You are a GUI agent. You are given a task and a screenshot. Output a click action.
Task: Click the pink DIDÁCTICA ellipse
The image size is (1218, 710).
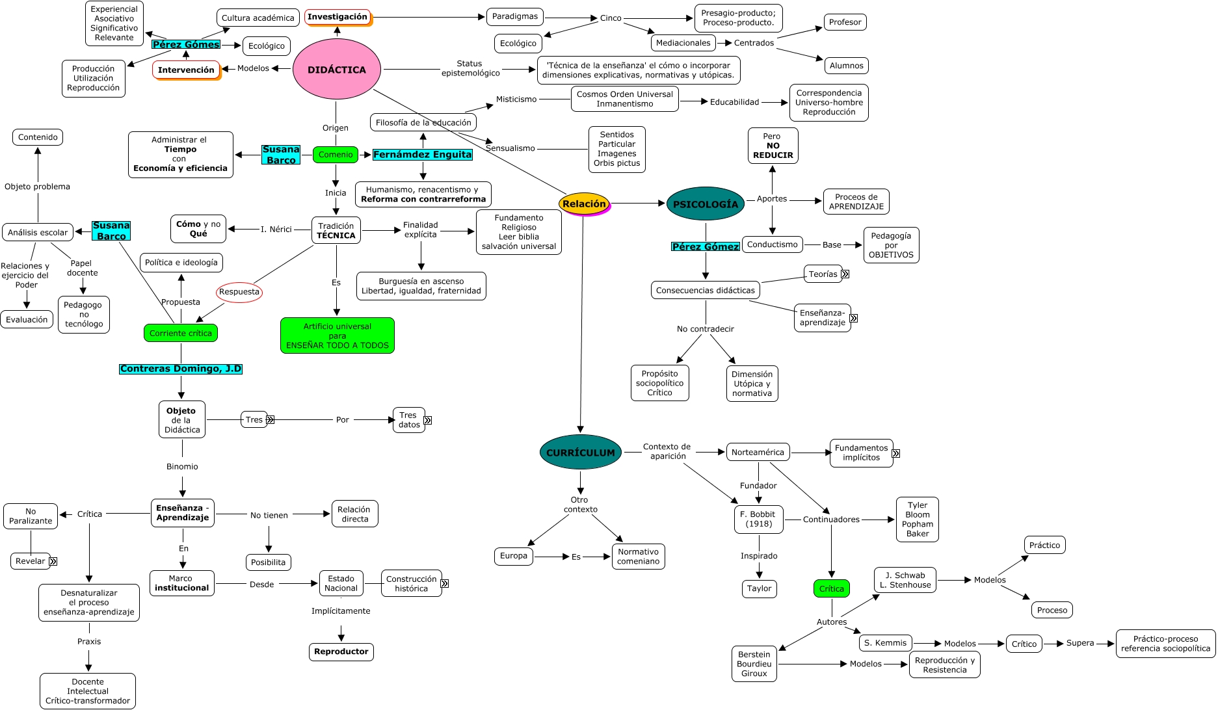pyautogui.click(x=336, y=70)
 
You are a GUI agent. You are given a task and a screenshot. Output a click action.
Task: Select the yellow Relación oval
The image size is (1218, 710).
pyautogui.click(x=584, y=204)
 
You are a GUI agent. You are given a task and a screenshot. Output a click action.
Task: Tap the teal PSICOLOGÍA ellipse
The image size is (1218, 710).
pyautogui.click(x=705, y=204)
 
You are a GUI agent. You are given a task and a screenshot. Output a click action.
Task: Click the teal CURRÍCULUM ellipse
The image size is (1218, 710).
pyautogui.click(x=580, y=453)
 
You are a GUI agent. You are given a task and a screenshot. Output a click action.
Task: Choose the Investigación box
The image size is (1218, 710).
pyautogui.click(x=338, y=17)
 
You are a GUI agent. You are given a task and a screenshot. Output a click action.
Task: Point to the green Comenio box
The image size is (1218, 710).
pyautogui.click(x=336, y=155)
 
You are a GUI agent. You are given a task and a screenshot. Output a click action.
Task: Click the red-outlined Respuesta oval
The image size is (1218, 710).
pyautogui.click(x=239, y=292)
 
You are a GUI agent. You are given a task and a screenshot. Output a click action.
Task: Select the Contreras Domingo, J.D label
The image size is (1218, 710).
pyautogui.click(x=181, y=369)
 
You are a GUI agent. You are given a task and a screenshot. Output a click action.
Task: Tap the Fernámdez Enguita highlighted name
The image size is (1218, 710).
pyautogui.click(x=423, y=155)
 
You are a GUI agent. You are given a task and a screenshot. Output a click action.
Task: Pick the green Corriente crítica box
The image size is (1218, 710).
pyautogui.click(x=181, y=333)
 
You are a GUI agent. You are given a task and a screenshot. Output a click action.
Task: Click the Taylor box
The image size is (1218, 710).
pyautogui.click(x=759, y=588)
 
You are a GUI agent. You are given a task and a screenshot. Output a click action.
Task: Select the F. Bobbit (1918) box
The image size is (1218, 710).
pyautogui.click(x=758, y=519)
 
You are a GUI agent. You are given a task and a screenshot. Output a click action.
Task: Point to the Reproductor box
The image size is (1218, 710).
pyautogui.click(x=341, y=651)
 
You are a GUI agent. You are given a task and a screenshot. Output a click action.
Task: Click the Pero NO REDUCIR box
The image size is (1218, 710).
pyautogui.click(x=773, y=146)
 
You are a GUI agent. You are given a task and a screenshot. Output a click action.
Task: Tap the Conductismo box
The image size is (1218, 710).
pyautogui.click(x=772, y=244)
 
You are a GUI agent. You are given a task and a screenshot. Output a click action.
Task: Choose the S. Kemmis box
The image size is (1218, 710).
pyautogui.click(x=885, y=643)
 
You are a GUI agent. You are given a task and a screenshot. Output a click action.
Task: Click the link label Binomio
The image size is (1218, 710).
pyautogui.click(x=182, y=467)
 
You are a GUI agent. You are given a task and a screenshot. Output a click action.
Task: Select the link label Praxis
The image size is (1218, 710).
pyautogui.click(x=89, y=642)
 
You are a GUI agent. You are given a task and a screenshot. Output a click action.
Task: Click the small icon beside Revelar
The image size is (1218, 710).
pyautogui.click(x=53, y=561)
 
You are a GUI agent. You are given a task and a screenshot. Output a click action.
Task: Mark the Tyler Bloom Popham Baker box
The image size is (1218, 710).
pyautogui.click(x=917, y=519)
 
